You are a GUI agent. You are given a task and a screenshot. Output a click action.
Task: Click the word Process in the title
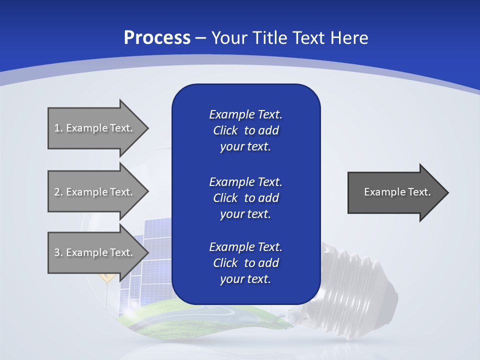(157, 38)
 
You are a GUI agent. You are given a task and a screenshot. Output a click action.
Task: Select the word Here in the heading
(348, 38)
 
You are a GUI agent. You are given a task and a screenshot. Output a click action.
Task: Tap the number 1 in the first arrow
(57, 128)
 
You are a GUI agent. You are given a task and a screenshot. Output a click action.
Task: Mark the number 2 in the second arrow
(57, 192)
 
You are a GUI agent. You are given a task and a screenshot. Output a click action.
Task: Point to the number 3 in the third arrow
(57, 252)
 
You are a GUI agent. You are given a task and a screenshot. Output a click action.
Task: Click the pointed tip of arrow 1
(146, 128)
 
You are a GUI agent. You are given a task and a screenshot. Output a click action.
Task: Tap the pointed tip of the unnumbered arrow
(446, 192)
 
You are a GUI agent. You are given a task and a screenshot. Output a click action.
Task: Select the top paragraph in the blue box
(245, 130)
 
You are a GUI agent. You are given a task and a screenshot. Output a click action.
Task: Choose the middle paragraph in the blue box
(245, 198)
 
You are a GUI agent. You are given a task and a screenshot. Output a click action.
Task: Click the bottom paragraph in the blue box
(245, 263)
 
